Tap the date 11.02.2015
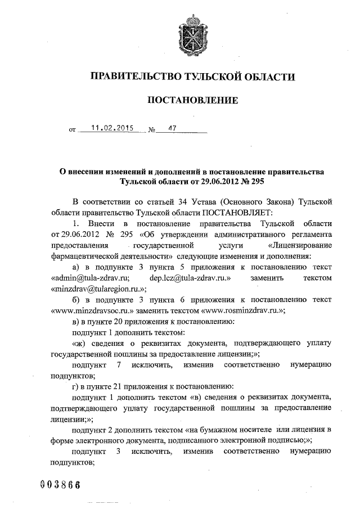[108, 128]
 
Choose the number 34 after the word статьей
[175, 201]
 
